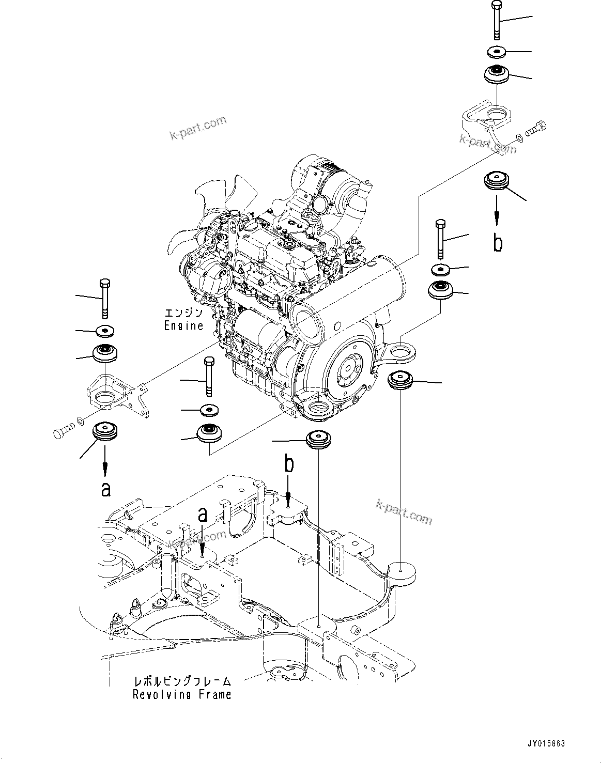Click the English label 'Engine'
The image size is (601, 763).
[x=183, y=326]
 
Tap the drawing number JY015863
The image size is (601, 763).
[x=546, y=744]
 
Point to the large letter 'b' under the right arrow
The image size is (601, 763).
[x=497, y=242]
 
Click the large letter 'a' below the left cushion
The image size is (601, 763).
[x=105, y=488]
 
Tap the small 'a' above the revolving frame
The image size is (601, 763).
[x=203, y=515]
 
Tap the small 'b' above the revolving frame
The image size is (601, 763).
[x=289, y=464]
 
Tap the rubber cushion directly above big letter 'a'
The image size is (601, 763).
[x=105, y=432]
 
